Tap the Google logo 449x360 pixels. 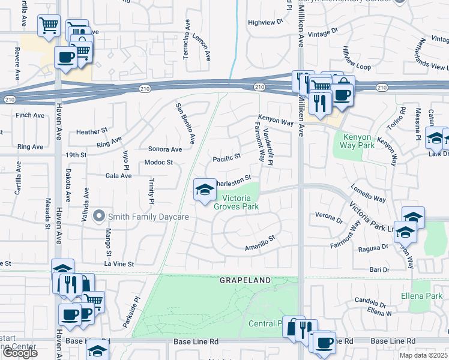point(20,353)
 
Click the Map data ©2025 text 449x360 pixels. point(424,355)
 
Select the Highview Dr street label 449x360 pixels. point(265,22)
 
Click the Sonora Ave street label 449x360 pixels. point(164,149)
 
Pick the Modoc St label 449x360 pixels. point(158,163)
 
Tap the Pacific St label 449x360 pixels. point(227,158)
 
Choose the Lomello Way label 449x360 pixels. point(369,190)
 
